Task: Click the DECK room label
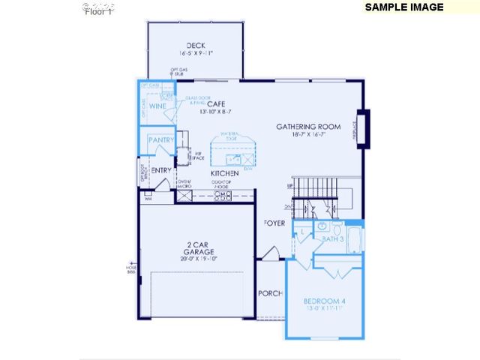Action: (x=196, y=45)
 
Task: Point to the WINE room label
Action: (x=157, y=106)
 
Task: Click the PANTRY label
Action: (x=160, y=140)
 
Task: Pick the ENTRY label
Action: (x=161, y=170)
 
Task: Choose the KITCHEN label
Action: (x=224, y=173)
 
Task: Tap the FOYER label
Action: (x=274, y=223)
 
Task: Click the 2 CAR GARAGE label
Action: (x=198, y=245)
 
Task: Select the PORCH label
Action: (x=269, y=293)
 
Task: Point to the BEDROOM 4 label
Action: (x=325, y=301)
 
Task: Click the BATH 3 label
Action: (x=333, y=238)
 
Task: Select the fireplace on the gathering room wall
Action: (x=364, y=126)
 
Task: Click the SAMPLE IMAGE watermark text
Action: (x=403, y=7)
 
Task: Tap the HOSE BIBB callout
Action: (x=131, y=268)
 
